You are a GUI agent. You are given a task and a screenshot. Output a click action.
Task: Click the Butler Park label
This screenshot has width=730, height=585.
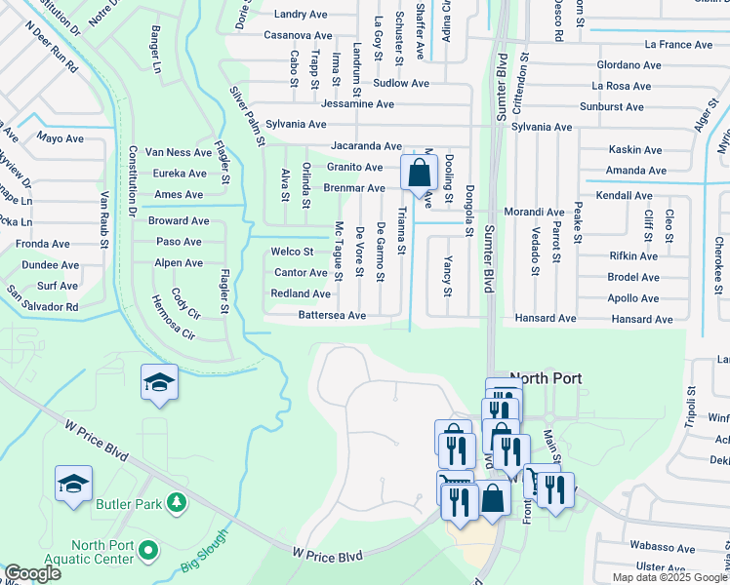click(x=128, y=504)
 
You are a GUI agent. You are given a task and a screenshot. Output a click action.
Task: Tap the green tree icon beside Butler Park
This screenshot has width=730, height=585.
click(x=176, y=503)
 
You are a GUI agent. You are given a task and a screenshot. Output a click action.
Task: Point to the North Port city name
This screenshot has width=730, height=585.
click(x=546, y=378)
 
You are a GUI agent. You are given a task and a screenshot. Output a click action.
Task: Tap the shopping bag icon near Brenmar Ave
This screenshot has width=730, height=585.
click(x=419, y=174)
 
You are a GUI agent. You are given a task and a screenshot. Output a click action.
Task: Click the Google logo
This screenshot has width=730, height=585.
click(x=32, y=573)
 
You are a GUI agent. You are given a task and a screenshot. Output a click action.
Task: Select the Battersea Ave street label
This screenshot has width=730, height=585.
click(x=332, y=316)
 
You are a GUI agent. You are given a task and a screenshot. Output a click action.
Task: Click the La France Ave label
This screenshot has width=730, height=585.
click(x=678, y=45)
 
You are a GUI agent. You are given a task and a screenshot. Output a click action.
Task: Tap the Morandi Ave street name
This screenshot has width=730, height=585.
click(x=534, y=212)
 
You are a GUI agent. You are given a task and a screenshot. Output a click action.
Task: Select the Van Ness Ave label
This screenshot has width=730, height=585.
click(x=178, y=153)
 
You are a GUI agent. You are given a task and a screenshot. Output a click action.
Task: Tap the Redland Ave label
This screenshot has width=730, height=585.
click(x=300, y=294)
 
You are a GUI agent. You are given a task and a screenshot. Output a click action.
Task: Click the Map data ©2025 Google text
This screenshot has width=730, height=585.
click(x=669, y=577)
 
